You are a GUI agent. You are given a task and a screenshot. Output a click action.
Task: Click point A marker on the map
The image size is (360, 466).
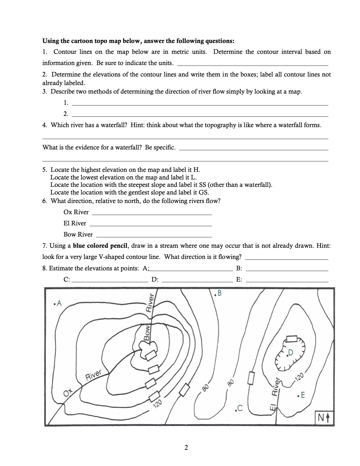tap(58, 303)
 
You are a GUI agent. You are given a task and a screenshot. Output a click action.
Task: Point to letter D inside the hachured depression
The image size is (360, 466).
tap(291, 353)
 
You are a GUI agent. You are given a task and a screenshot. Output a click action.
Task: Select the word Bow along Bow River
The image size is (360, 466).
tap(147, 333)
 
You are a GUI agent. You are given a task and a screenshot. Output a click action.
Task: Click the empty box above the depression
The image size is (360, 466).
tap(291, 339)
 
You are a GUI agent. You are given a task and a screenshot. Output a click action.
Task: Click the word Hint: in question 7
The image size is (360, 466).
tap(323, 246)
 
